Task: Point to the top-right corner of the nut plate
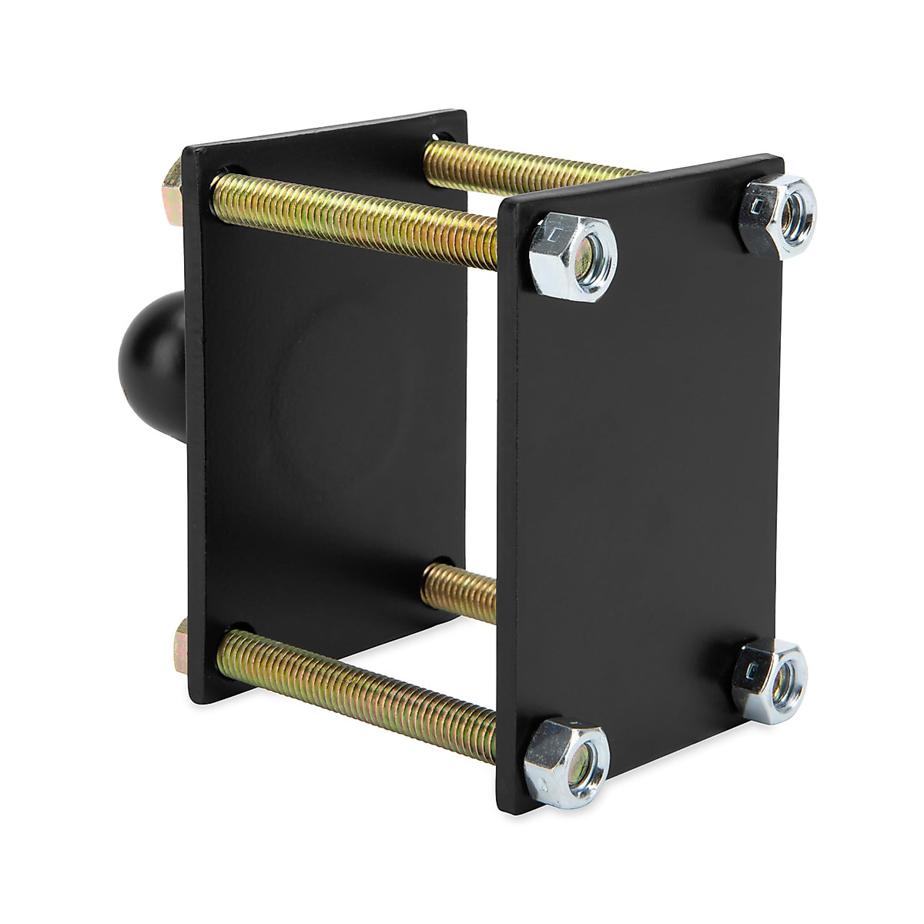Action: click(782, 162)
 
